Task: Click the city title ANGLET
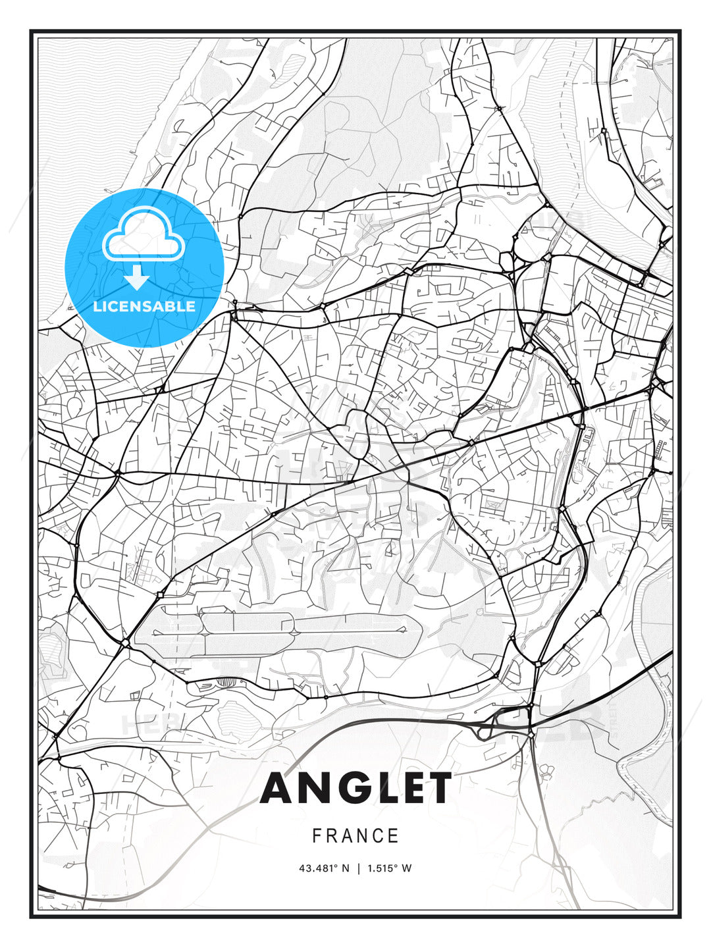click(x=355, y=788)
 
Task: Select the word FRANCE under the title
click(x=355, y=836)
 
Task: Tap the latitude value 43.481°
click(x=320, y=868)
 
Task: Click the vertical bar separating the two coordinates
click(x=359, y=868)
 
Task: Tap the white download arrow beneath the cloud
click(x=137, y=278)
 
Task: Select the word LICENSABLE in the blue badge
click(x=144, y=306)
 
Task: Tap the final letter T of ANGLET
click(x=438, y=788)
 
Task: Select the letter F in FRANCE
click(x=317, y=836)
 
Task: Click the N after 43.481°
click(x=346, y=868)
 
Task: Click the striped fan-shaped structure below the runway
click(x=226, y=683)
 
